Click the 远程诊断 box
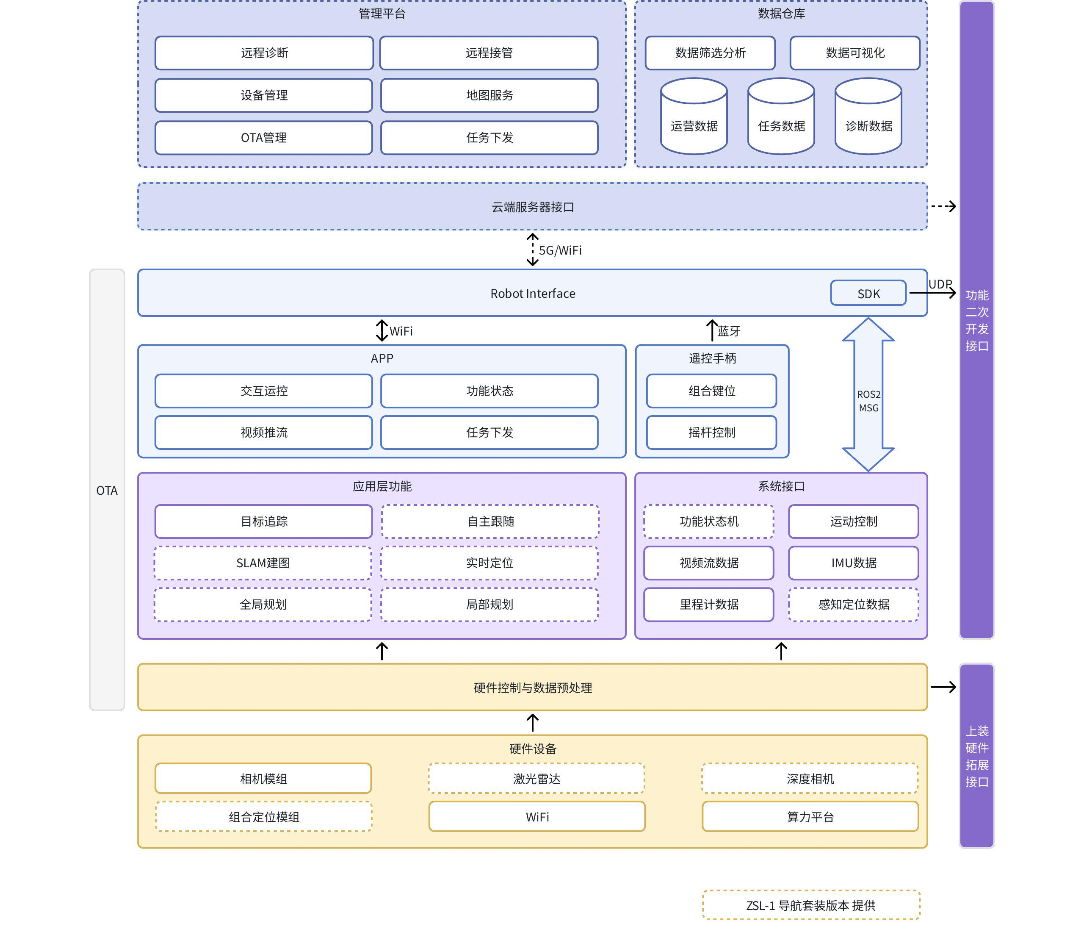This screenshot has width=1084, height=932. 264,53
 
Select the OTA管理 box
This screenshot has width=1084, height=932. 264,138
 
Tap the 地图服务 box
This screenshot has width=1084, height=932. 489,95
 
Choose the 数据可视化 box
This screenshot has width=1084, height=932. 855,53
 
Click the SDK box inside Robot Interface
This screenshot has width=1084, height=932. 868,294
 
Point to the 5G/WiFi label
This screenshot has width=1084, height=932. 560,251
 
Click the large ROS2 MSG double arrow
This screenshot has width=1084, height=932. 868,395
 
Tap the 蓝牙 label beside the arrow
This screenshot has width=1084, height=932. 729,331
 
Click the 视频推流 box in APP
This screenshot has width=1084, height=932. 264,432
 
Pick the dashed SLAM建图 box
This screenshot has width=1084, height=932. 263,563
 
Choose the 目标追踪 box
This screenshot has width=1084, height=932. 264,521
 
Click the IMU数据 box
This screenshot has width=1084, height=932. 853,563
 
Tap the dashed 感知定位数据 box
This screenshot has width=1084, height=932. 853,605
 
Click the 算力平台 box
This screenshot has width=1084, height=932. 810,817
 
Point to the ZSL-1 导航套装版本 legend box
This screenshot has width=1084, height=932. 811,905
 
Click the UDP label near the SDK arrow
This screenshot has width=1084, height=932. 940,284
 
